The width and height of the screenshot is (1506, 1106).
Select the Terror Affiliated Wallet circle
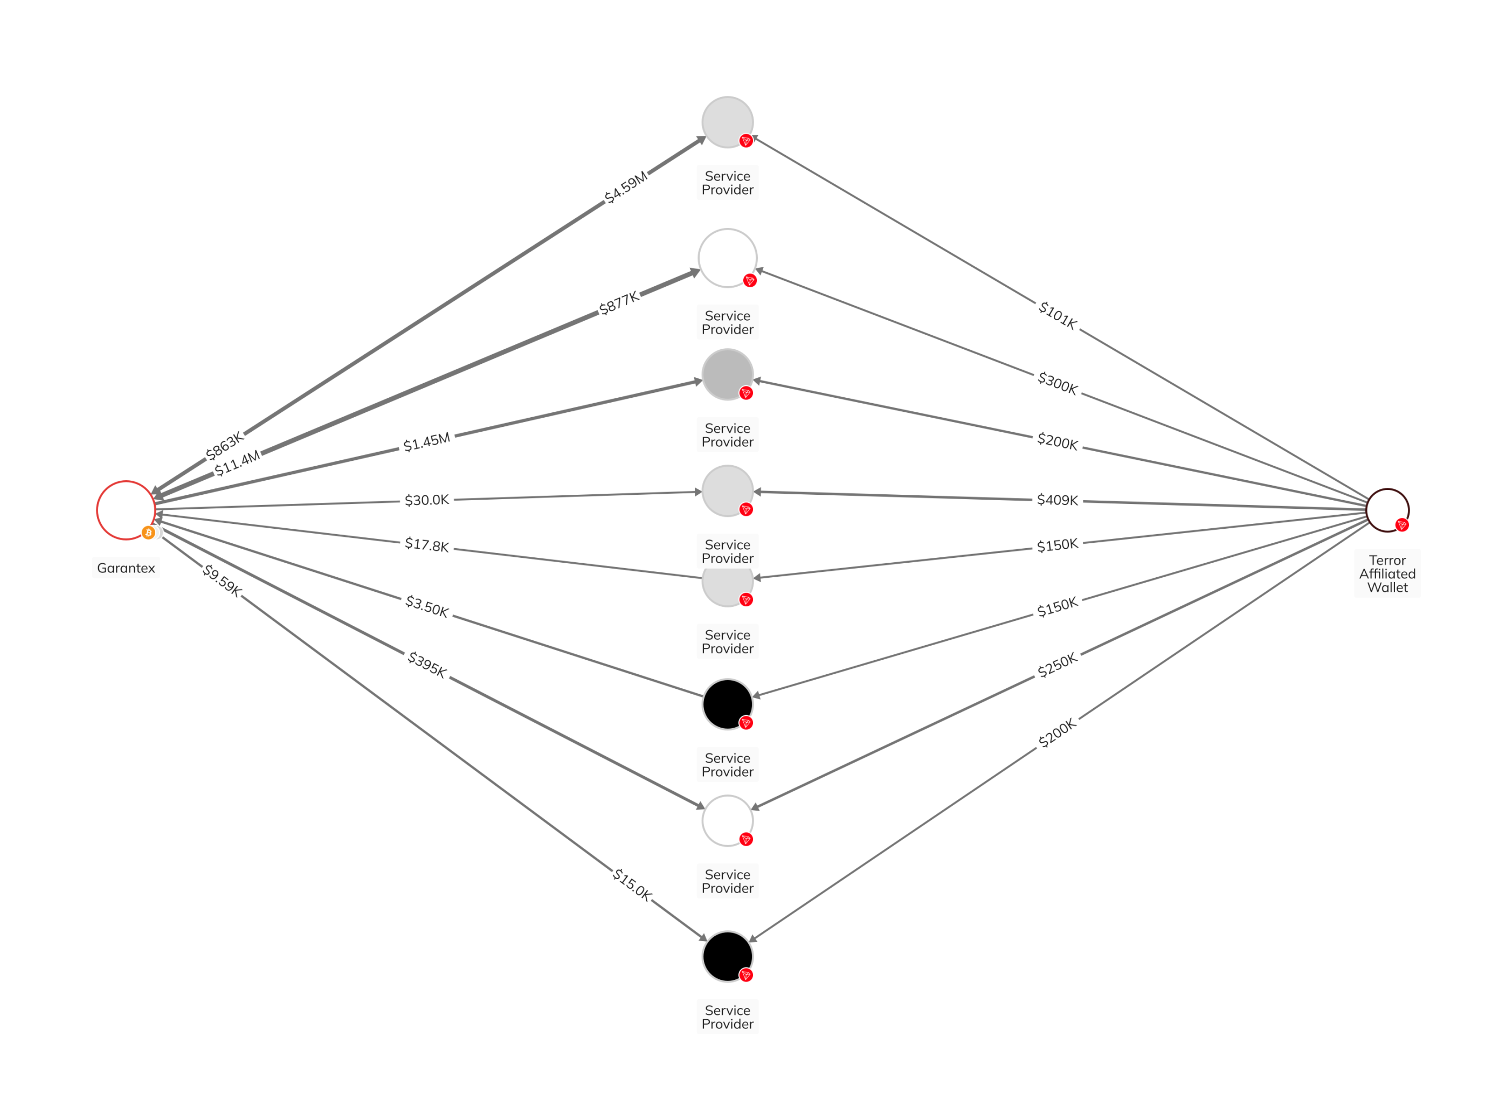[1387, 510]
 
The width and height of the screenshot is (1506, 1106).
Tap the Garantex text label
[126, 568]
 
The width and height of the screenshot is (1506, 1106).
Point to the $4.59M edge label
[626, 187]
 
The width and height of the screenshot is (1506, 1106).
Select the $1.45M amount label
[426, 443]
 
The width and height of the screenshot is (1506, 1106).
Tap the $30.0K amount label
[426, 500]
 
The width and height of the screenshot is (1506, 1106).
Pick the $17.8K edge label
[426, 544]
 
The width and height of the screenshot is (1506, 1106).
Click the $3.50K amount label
[426, 606]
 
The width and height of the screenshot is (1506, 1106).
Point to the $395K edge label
[426, 664]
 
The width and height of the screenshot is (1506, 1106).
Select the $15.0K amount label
[631, 884]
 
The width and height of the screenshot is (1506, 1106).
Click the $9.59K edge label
[222, 580]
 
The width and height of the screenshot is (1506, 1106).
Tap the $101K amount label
[1057, 315]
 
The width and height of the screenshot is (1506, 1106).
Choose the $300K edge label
[1057, 383]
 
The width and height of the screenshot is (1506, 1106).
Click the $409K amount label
[1057, 500]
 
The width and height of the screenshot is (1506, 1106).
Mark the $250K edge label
[1057, 665]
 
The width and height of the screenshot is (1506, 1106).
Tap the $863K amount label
[224, 446]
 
